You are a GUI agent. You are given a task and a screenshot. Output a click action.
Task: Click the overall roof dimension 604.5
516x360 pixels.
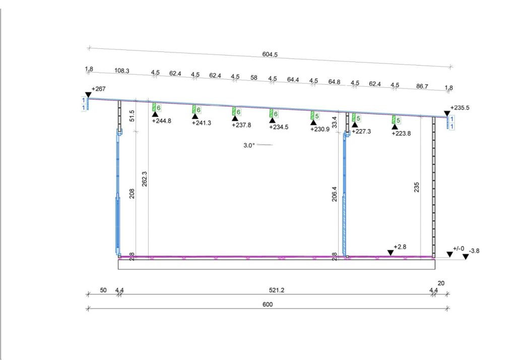pos(270,54)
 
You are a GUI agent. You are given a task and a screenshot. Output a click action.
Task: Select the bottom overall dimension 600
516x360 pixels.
pos(268,305)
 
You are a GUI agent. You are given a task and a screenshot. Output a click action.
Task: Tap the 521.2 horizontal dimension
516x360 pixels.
pos(277,290)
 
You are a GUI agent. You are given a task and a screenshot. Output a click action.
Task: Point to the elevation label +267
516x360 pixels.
pos(98,89)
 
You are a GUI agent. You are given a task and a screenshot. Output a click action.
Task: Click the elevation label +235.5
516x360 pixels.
pos(460,108)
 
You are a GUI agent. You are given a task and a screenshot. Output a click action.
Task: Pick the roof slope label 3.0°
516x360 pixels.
pos(249,145)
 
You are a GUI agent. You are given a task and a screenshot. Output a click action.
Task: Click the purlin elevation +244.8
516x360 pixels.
pos(161,121)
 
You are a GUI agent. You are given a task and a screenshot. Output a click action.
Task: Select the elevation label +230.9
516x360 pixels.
pos(320,129)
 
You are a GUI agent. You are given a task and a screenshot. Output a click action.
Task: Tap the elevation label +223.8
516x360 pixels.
pos(401,134)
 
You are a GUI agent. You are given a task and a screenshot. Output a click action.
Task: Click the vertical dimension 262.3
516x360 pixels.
pos(145,179)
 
